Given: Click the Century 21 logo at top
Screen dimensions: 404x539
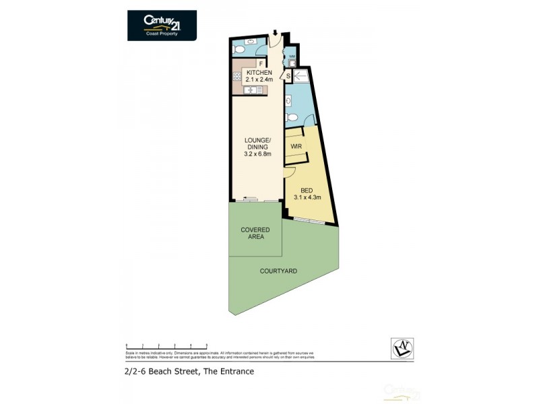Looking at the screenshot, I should (162, 25).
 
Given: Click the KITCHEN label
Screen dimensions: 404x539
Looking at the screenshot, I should (259, 73).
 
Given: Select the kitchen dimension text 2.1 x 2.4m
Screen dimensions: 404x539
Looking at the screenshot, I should (259, 80).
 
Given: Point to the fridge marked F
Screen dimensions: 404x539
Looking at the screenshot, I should (259, 63).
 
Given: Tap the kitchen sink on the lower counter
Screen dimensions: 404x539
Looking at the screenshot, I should (254, 90).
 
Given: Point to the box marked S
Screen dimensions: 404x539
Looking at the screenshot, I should (288, 76).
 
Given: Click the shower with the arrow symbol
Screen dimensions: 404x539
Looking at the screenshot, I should (300, 76).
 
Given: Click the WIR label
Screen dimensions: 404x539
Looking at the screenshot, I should (296, 146).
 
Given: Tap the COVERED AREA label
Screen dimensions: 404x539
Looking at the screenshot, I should (255, 233).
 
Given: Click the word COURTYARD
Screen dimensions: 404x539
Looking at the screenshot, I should (278, 271).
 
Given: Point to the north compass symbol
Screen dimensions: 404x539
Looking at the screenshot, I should (402, 348).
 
